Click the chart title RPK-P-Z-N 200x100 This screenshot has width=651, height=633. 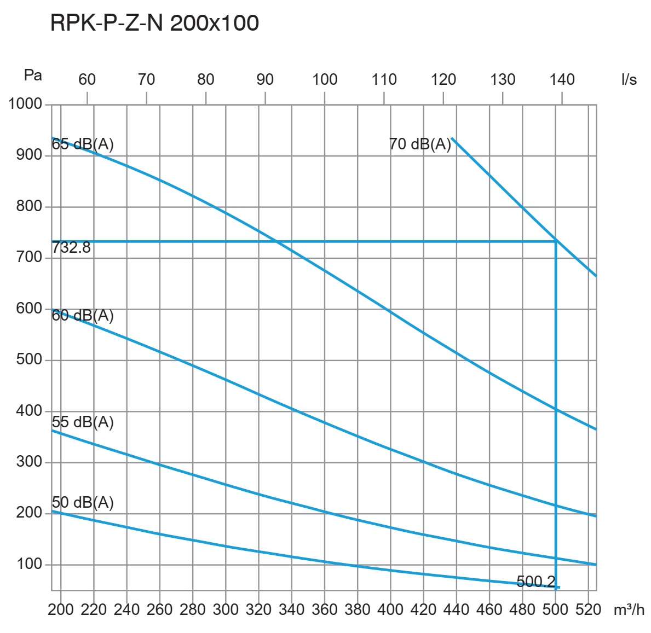pos(154,24)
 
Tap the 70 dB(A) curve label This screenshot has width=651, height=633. pos(420,144)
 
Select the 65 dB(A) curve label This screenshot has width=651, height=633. pos(83,144)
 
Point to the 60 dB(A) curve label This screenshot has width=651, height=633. pos(83,315)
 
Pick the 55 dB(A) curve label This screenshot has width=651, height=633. pos(83,422)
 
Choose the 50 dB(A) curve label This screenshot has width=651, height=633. pos(83,502)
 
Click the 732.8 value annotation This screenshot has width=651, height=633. pos(71,248)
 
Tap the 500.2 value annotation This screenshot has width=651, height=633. pos(535,582)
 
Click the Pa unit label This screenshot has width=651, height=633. pos(33,75)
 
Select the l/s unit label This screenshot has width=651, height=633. pos(629,79)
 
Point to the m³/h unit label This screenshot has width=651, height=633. pos(629,609)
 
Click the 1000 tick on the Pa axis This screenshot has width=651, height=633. pos(25,104)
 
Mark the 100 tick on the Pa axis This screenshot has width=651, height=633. pos(30,564)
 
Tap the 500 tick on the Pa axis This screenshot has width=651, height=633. pos(30,359)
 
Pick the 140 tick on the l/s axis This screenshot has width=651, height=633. pos(562,79)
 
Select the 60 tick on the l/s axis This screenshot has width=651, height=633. pos(87,79)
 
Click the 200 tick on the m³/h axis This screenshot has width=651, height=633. pos(61,609)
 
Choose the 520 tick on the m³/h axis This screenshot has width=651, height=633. pos(589,609)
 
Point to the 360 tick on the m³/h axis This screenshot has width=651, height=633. pos(325,609)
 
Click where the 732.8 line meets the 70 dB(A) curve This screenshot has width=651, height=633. pos(556,241)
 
